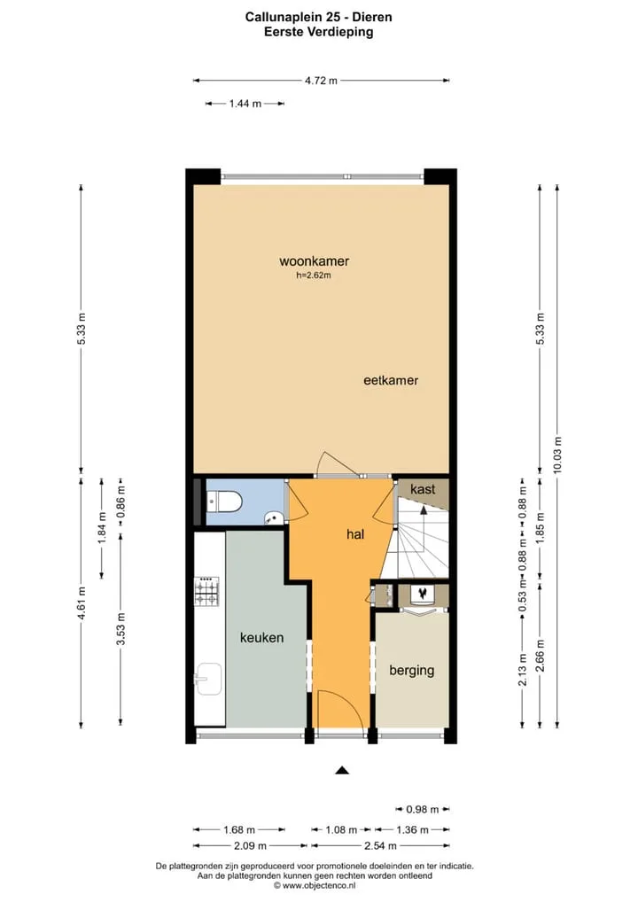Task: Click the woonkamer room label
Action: [314, 261]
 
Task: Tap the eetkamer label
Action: [391, 380]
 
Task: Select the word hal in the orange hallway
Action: [355, 534]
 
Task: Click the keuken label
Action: [261, 637]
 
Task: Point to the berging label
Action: [412, 670]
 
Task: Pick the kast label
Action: [423, 489]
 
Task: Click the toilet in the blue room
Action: [225, 502]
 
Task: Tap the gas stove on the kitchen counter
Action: [207, 592]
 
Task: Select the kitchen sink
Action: [208, 679]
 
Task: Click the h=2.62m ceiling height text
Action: [314, 276]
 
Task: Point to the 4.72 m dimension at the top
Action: [321, 81]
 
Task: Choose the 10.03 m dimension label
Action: [557, 455]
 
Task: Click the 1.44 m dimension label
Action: [245, 104]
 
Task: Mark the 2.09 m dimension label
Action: [250, 845]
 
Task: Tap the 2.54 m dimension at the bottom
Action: [380, 845]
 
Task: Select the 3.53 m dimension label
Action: [121, 629]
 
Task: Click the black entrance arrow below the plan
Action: [342, 770]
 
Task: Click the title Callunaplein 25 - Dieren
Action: [319, 17]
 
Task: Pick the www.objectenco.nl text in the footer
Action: [319, 885]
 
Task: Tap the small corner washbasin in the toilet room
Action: [275, 517]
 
